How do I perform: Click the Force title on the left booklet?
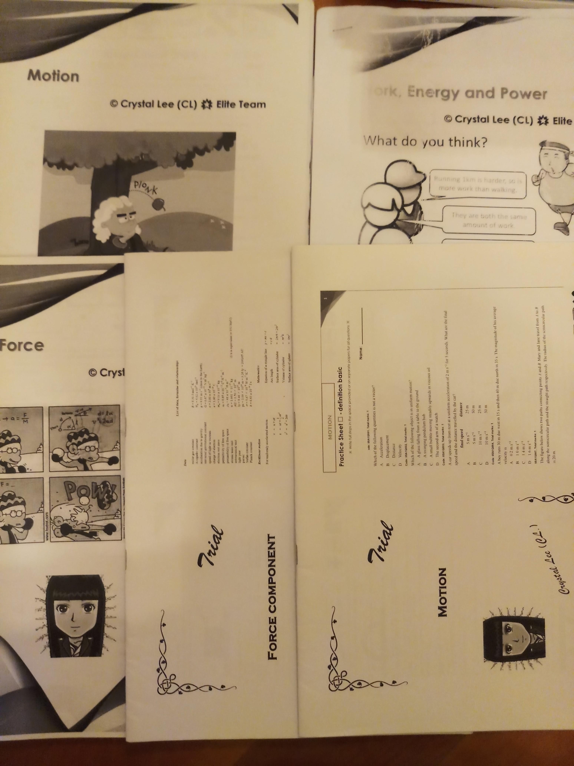click(22, 345)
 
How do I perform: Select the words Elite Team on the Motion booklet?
click(241, 105)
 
